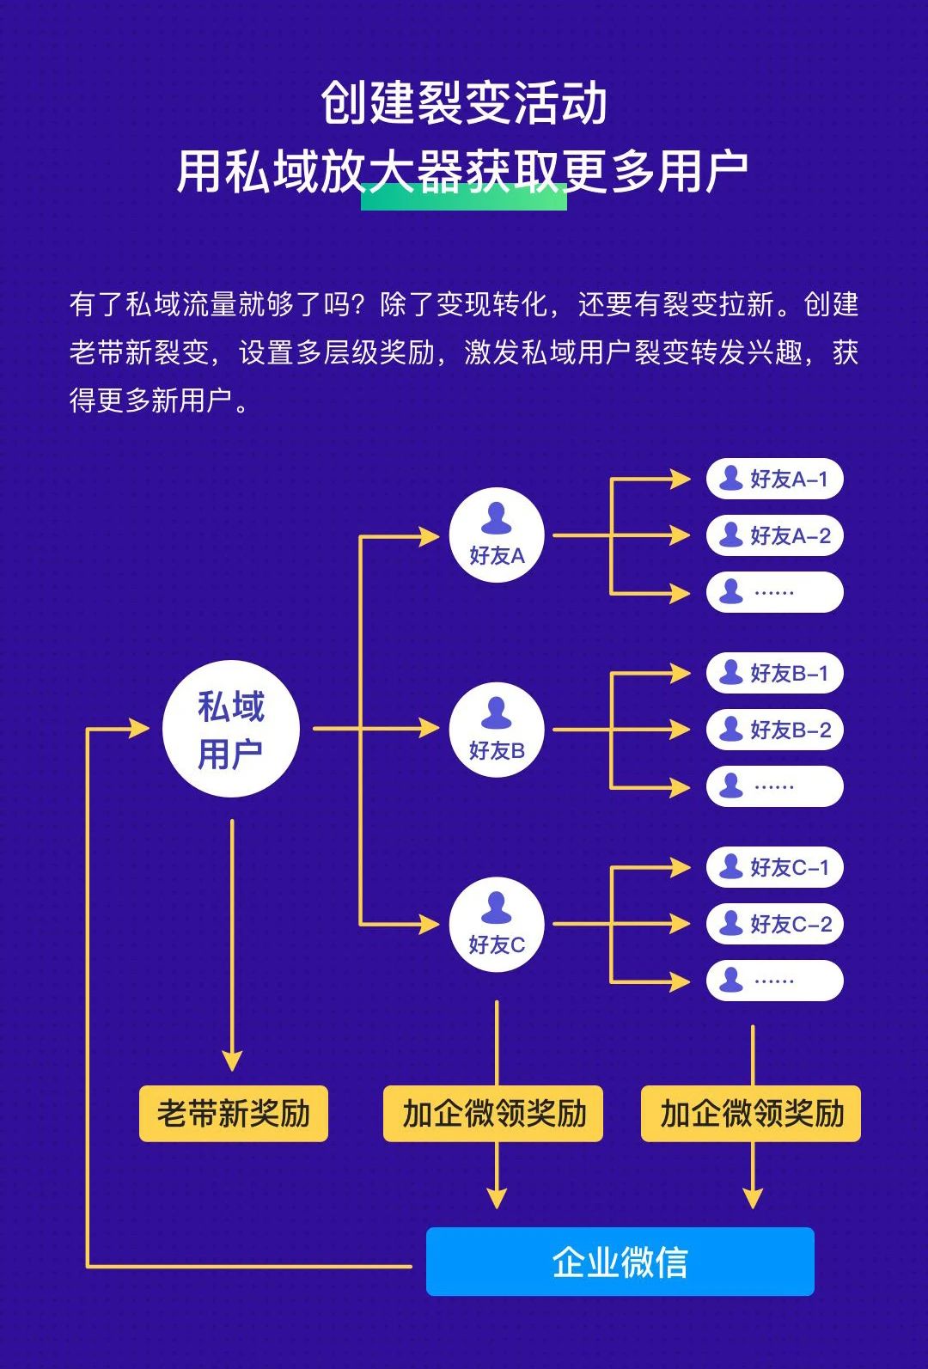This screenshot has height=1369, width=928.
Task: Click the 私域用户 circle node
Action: point(231,729)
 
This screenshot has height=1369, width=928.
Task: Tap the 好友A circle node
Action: point(497,535)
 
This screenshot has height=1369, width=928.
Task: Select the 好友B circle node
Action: point(497,729)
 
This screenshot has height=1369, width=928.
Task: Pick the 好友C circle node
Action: point(497,924)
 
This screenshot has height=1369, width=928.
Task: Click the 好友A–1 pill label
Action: point(775,479)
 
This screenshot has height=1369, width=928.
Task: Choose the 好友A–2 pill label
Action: point(775,535)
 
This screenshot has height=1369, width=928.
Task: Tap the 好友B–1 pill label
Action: point(775,673)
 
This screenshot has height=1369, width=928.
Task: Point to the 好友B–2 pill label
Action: point(775,729)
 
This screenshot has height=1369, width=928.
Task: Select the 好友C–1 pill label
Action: point(775,866)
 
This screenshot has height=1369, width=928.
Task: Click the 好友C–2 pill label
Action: point(775,924)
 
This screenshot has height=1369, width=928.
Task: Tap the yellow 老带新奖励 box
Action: point(234,1114)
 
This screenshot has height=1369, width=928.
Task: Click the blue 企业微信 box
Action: point(620,1262)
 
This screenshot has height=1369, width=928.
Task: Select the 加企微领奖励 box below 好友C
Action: point(493,1114)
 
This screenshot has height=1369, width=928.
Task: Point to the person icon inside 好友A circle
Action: point(496,518)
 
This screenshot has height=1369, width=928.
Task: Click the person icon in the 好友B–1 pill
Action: point(730,672)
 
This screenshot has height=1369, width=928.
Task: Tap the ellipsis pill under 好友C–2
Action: point(775,981)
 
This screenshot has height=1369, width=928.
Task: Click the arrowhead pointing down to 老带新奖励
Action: point(232,1061)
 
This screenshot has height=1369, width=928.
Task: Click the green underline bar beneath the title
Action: point(464,197)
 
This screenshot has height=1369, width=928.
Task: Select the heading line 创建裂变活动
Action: point(464,102)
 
